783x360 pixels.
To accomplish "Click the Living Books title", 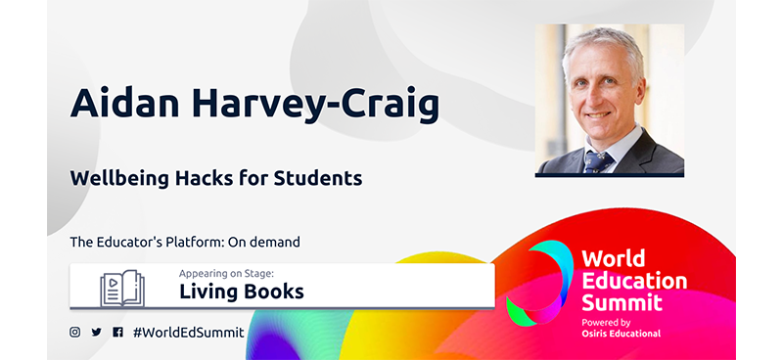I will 241,292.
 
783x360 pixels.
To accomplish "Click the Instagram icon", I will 74,332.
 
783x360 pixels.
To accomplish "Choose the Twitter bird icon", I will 96,332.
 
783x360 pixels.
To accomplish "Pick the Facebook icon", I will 117,332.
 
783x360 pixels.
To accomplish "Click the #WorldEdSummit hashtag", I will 188,332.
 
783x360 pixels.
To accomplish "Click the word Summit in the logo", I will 622,302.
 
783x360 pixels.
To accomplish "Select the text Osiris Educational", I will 621,333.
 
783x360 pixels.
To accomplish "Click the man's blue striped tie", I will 594,157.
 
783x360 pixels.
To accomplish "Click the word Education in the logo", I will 634,281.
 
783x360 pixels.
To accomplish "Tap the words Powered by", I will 606,321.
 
